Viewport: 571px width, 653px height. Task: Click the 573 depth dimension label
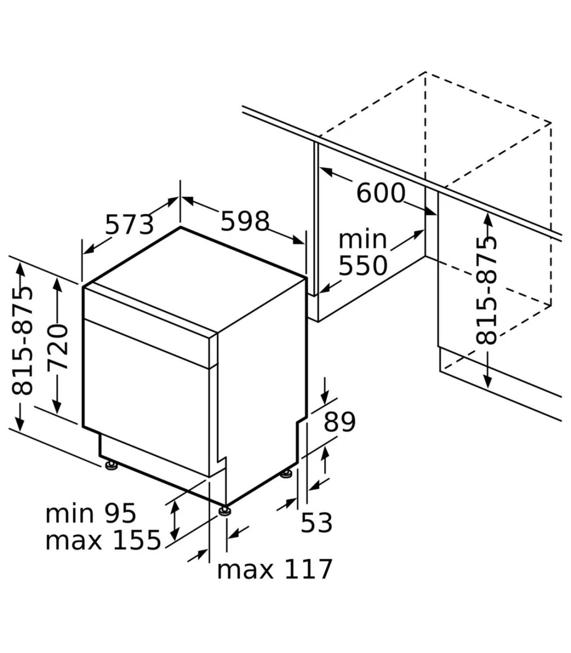(129, 225)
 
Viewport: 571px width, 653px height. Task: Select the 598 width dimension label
(245, 221)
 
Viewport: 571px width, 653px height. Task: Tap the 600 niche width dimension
(381, 193)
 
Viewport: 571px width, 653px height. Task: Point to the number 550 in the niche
(363, 266)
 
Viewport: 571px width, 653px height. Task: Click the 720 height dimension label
(58, 347)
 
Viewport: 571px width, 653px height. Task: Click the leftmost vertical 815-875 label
(22, 341)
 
